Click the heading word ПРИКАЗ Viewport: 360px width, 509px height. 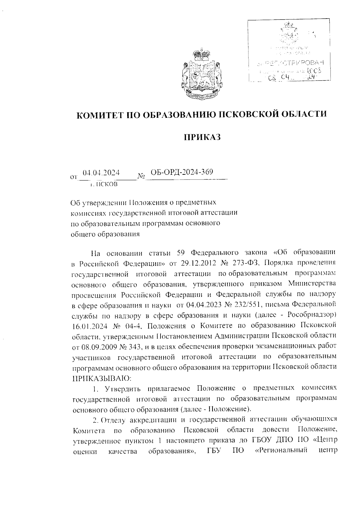tap(202, 137)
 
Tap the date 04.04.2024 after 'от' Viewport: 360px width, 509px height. tap(101, 173)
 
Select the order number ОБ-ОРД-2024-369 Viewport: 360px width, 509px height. tap(182, 172)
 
